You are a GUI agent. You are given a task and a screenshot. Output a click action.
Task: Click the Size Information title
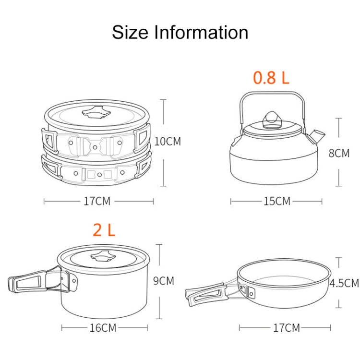tap(180, 33)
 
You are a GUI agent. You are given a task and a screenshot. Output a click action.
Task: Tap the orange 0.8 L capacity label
tap(271, 78)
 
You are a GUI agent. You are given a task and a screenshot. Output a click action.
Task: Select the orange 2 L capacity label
tap(104, 230)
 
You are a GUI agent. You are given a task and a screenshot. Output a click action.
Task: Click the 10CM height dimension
tap(168, 142)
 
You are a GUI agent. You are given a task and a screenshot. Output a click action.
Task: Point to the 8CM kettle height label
tap(338, 153)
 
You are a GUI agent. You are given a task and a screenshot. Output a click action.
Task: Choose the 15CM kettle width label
tap(276, 201)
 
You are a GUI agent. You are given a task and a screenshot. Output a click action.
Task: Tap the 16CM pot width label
tap(103, 328)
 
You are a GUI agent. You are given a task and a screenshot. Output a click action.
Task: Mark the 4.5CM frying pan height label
tap(344, 283)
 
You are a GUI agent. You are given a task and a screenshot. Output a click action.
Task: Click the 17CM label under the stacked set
tap(97, 201)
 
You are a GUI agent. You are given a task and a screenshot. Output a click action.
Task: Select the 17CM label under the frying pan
tap(286, 328)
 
